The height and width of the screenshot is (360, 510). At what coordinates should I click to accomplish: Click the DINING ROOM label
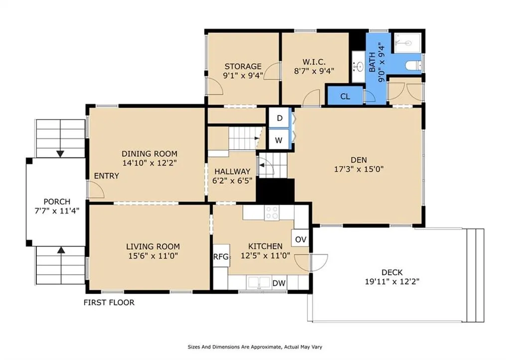[149, 153]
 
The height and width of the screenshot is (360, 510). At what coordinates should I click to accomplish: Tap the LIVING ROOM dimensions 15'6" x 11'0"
[153, 255]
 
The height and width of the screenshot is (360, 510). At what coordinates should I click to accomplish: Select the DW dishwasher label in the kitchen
[279, 283]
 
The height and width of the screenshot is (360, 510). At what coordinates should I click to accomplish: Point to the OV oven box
[300, 240]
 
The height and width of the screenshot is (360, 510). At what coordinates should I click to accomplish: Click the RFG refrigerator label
[221, 256]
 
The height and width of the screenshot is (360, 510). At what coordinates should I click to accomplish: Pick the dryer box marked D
[279, 118]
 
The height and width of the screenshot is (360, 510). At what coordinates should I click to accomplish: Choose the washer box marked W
[279, 140]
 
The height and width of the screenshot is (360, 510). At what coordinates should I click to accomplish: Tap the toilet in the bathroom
[413, 66]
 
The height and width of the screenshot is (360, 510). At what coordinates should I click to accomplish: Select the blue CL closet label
[345, 96]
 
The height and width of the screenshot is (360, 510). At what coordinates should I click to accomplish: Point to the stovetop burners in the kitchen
[272, 213]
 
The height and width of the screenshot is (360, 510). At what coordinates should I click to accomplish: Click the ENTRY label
[107, 176]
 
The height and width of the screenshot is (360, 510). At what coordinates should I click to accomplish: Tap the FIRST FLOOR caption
[109, 302]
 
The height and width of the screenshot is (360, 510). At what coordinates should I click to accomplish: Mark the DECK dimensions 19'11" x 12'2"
[392, 281]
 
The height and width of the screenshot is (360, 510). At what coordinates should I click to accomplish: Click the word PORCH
[57, 202]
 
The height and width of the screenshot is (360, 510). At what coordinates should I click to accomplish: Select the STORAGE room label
[243, 66]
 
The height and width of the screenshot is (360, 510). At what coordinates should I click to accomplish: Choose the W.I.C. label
[314, 62]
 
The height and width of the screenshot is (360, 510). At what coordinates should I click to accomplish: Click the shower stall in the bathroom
[407, 43]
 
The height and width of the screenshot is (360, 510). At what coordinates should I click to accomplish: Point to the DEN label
[359, 160]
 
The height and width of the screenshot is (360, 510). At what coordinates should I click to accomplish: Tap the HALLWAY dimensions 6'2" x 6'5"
[232, 180]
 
